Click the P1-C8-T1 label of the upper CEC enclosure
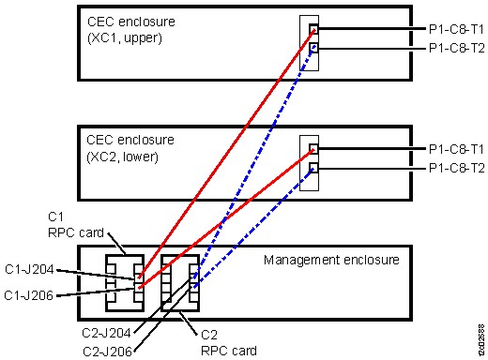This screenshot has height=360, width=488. click(x=455, y=29)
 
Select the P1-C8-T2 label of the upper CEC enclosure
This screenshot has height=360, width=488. click(x=455, y=48)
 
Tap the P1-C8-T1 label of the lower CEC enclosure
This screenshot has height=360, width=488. click(x=455, y=149)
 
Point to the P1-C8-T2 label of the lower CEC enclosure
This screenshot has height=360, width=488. click(x=455, y=168)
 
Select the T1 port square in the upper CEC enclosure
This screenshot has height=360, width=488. click(x=313, y=29)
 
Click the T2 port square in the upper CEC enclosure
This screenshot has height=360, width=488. click(x=313, y=48)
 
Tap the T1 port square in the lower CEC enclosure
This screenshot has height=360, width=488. click(x=313, y=149)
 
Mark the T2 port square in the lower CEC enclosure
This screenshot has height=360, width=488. click(x=313, y=168)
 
